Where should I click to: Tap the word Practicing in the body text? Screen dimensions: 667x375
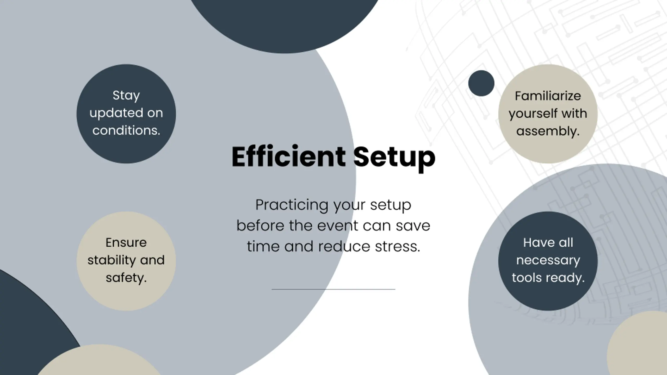click(292, 205)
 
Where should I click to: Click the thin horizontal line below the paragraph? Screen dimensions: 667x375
click(333, 289)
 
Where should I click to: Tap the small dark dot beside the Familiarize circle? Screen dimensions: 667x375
click(481, 83)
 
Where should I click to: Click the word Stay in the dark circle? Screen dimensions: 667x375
click(126, 96)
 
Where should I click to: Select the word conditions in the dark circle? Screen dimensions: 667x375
click(126, 130)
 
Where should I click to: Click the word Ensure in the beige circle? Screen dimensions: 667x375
click(126, 243)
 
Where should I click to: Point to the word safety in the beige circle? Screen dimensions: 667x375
click(126, 278)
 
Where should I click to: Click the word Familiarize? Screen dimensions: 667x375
click(548, 96)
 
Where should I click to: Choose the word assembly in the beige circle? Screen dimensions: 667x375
click(548, 131)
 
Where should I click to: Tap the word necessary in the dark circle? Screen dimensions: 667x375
click(548, 260)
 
